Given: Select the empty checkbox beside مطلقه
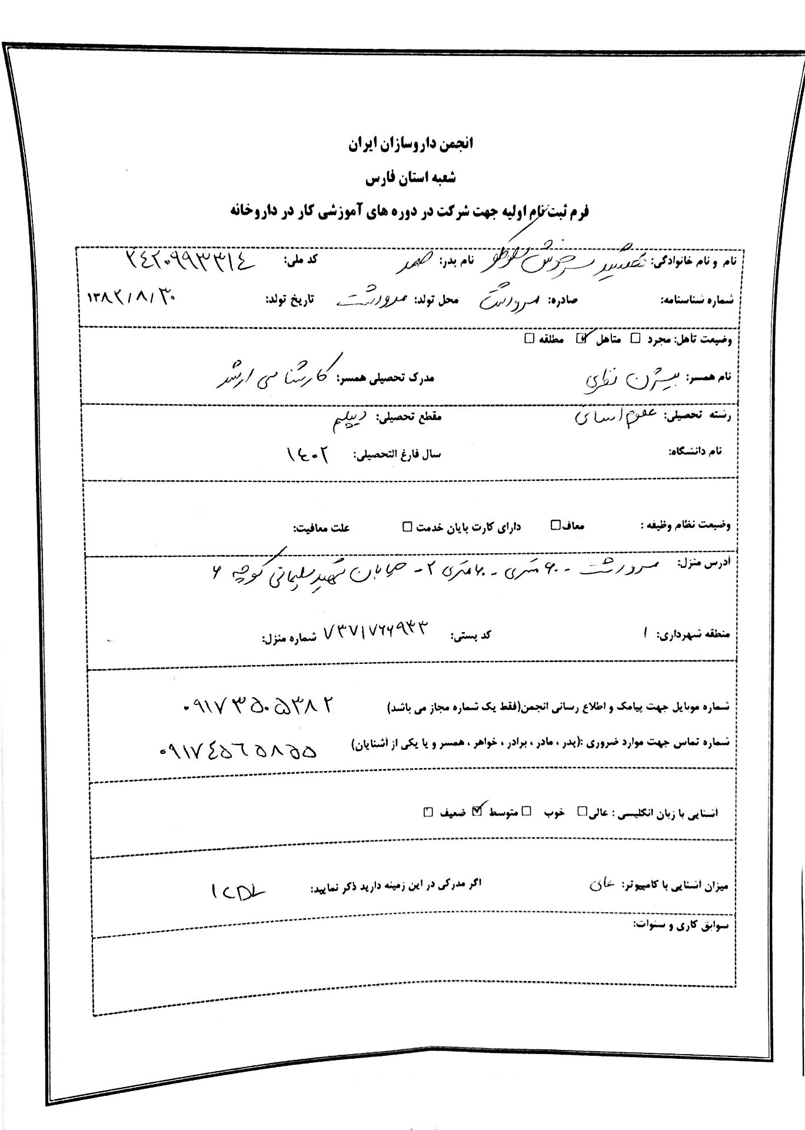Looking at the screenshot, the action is pos(528,338).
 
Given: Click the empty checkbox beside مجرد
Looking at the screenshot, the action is pos(635,338).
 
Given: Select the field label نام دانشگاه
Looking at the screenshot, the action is pos(695,451).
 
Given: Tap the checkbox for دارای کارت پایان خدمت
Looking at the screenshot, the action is pos(407,526).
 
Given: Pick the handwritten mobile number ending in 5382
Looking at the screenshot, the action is pos(259,705).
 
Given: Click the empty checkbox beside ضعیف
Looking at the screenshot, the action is pos(428,813).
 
